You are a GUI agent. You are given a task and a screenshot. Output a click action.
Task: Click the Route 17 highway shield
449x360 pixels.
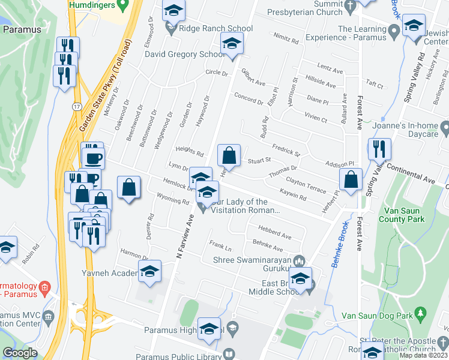point(77,106)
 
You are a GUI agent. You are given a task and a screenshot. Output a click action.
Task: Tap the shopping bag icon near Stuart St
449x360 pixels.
point(229,155)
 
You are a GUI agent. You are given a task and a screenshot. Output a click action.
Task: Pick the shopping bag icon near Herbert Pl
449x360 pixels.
point(351,178)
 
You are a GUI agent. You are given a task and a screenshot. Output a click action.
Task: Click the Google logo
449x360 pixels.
point(20,353)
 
